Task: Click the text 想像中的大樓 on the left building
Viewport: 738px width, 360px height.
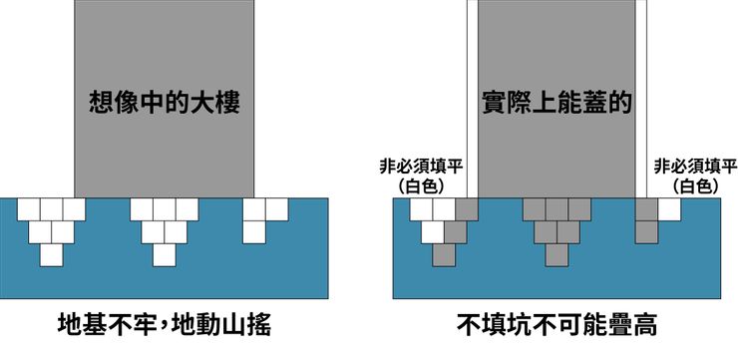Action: pos(165,101)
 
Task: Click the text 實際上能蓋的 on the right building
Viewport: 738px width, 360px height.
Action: pos(557,101)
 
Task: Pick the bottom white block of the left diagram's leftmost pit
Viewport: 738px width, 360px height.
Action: pos(52,254)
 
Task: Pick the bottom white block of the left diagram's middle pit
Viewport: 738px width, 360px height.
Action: pos(165,254)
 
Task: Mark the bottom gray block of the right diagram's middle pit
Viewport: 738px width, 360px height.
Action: pos(557,254)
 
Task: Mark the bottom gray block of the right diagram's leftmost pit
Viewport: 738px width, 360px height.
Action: pos(444,254)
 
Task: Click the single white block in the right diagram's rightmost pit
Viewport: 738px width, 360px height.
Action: pos(669,209)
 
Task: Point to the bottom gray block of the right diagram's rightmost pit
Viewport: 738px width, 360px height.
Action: pos(647,232)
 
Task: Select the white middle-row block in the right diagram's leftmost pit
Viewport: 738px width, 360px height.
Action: pos(433,232)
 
